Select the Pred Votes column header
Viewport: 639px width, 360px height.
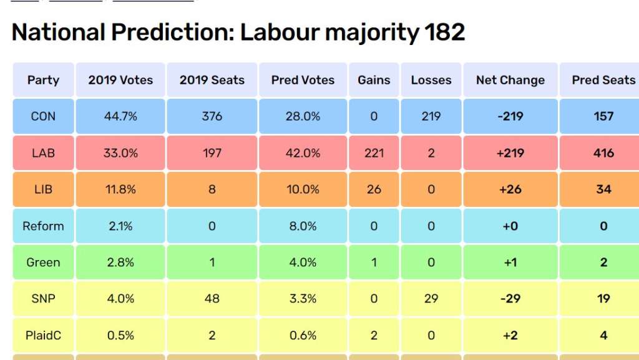303,80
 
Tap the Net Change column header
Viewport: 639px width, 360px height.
510,80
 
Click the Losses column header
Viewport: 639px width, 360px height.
431,80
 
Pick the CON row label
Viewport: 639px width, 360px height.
43,116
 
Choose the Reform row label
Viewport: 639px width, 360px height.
43,226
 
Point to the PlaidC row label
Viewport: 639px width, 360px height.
43,336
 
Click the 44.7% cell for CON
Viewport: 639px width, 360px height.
120,116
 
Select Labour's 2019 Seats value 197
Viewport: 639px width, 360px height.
212,153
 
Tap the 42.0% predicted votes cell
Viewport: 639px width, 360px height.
303,153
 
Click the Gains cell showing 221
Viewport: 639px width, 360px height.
374,153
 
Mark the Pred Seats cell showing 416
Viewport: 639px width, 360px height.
603,153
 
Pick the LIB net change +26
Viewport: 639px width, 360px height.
510,189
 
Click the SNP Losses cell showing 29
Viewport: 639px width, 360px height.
431,299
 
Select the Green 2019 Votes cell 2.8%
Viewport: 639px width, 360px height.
120,262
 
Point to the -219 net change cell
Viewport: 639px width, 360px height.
510,116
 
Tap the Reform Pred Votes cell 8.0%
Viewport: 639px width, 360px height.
303,226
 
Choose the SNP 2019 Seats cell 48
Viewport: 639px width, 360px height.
212,299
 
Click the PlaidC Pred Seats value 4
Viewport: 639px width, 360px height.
603,336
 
